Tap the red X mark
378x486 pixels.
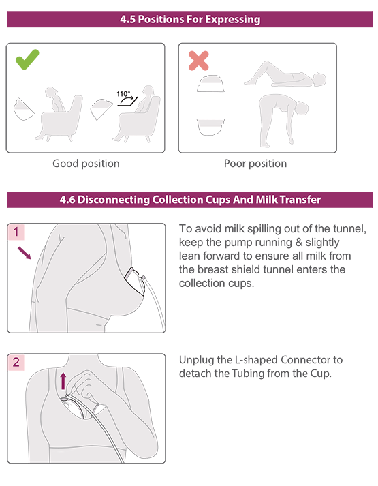pyautogui.click(x=198, y=61)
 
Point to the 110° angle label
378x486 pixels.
pyautogui.click(x=123, y=93)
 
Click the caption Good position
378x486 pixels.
pyautogui.click(x=86, y=164)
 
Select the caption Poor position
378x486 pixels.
pyautogui.click(x=255, y=164)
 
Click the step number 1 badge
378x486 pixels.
pyautogui.click(x=16, y=232)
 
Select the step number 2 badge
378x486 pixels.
pyautogui.click(x=16, y=362)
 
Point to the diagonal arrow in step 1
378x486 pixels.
pyautogui.click(x=24, y=253)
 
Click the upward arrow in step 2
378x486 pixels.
pyautogui.click(x=63, y=381)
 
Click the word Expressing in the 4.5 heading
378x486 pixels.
pyautogui.click(x=232, y=19)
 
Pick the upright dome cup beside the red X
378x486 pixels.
pyautogui.click(x=210, y=83)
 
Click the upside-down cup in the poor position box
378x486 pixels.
pyautogui.click(x=210, y=127)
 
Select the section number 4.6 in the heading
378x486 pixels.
pyautogui.click(x=67, y=200)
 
